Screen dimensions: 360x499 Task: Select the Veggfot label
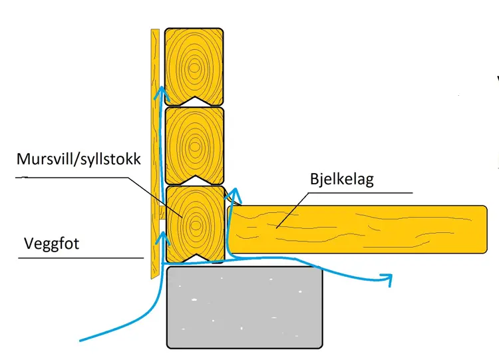point(51,244)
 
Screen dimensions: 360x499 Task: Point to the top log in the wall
point(194,66)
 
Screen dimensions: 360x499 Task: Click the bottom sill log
point(194,223)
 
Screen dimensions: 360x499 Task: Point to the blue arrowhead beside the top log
point(158,92)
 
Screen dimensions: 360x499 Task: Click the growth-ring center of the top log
point(194,66)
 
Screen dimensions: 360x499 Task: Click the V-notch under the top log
point(194,100)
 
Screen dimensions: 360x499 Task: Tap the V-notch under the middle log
point(194,180)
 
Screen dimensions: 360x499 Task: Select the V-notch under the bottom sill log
point(194,258)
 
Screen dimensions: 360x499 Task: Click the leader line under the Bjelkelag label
point(359,192)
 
